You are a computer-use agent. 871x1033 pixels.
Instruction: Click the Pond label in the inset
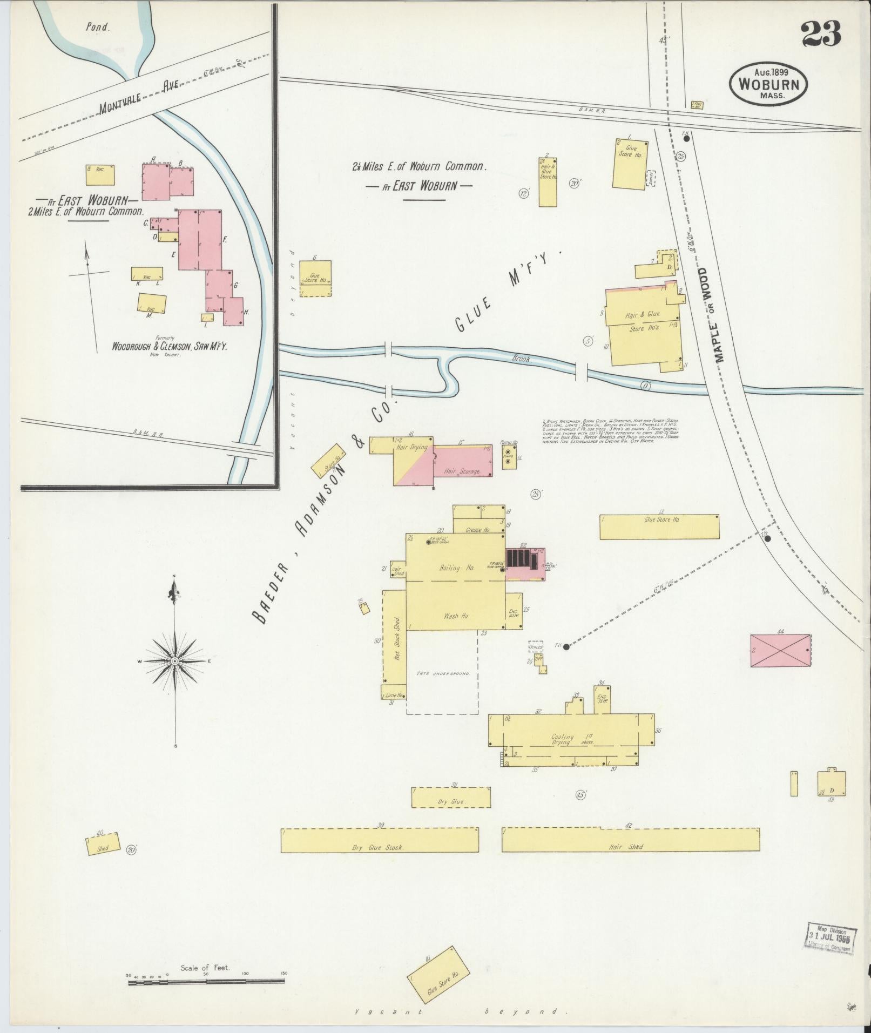[98, 26]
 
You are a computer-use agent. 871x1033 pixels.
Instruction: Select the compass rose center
[174, 661]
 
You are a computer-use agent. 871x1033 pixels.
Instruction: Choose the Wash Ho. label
[456, 616]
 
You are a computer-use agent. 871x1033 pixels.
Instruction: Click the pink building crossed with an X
[780, 651]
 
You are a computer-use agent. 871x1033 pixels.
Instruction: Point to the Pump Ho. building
[509, 457]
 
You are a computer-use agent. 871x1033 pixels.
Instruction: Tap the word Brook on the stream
[521, 358]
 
